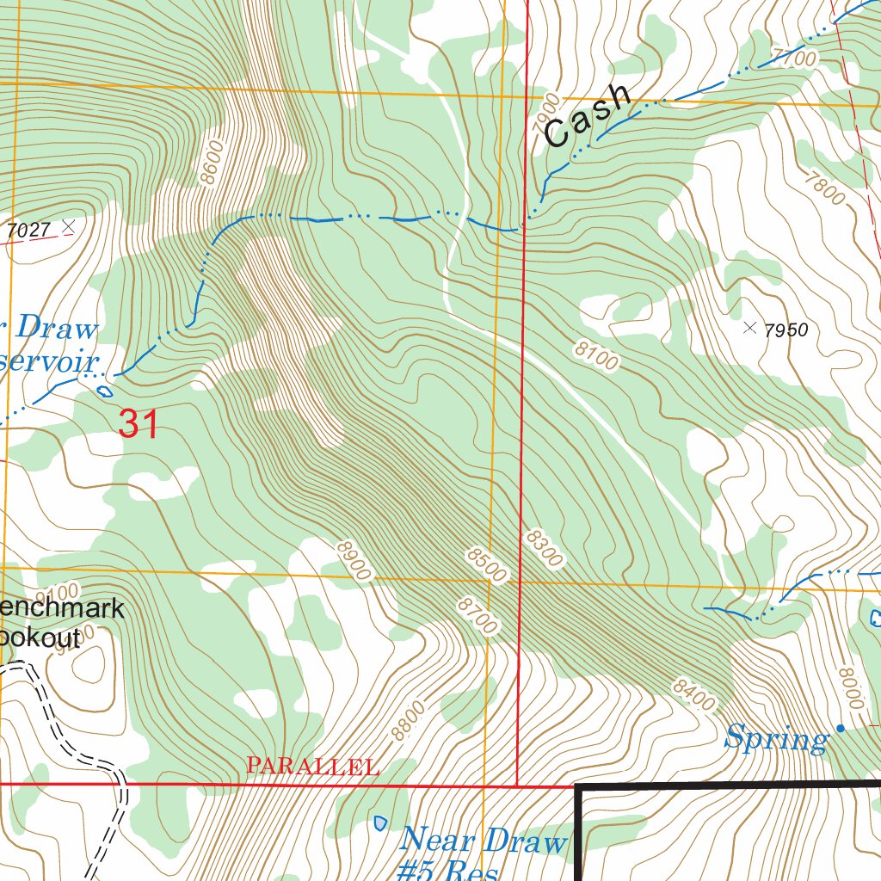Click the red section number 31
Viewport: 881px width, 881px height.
point(139,424)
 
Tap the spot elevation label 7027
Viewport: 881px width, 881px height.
point(28,229)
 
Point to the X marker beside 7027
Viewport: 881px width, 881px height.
point(69,225)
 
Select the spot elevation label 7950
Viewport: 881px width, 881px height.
point(786,330)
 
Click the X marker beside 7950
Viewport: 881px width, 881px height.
point(749,327)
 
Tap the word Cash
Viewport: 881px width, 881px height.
point(588,116)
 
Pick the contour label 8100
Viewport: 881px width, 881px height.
point(595,355)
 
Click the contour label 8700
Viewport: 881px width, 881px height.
point(477,617)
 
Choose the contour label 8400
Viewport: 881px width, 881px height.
point(693,694)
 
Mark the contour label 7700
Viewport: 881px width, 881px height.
point(793,59)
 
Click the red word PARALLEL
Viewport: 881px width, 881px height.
point(312,766)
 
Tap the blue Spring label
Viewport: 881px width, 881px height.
point(776,738)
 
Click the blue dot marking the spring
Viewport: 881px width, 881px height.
point(841,729)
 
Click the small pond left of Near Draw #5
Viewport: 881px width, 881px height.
point(380,823)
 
